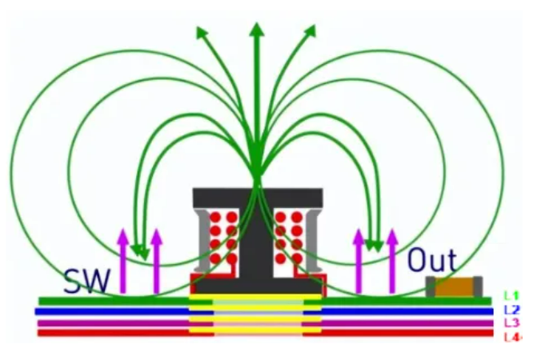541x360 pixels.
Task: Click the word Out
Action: tap(431, 261)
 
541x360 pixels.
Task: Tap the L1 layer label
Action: tap(512, 296)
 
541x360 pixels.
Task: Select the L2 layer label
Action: tap(512, 310)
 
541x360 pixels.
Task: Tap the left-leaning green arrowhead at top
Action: tap(202, 33)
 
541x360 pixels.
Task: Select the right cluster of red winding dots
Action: tap(289, 237)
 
